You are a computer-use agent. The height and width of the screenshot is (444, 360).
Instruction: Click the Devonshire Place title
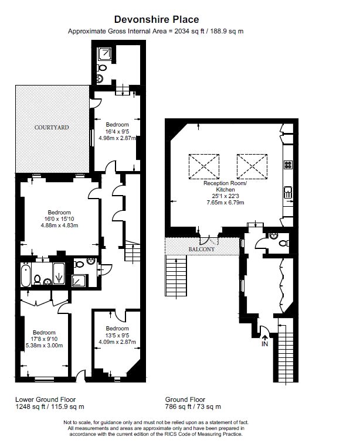coord(157,19)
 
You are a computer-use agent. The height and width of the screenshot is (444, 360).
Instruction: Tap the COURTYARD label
coord(52,128)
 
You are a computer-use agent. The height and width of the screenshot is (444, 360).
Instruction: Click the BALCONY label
coord(202,249)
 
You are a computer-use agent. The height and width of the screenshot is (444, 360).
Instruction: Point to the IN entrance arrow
coord(265,338)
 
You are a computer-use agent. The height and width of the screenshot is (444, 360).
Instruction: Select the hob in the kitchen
coord(288,165)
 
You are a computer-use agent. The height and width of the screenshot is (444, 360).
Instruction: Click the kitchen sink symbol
coord(288,193)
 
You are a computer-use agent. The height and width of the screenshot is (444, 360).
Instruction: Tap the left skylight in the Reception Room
coord(204,166)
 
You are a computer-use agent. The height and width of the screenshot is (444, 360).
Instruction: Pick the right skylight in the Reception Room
coord(252,166)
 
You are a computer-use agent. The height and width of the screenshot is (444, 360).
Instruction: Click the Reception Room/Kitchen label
coord(225,186)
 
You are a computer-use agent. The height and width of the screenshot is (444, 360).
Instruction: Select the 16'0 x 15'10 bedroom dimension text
coord(59,219)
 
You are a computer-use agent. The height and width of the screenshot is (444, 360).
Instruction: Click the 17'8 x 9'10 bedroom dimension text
coord(44,339)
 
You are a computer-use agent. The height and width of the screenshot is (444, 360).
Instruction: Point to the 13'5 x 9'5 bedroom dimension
coord(117,335)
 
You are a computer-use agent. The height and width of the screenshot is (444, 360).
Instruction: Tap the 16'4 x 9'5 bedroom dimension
coord(117,131)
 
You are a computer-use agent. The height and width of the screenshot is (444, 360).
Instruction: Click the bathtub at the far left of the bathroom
coord(26,275)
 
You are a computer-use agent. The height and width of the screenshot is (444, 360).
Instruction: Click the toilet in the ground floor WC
coord(284,243)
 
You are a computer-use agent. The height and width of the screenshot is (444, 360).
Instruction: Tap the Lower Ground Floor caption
coord(45,399)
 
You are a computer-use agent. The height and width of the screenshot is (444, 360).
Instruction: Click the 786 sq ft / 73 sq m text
coord(193,407)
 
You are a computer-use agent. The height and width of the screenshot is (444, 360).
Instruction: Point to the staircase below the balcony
coord(176,275)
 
